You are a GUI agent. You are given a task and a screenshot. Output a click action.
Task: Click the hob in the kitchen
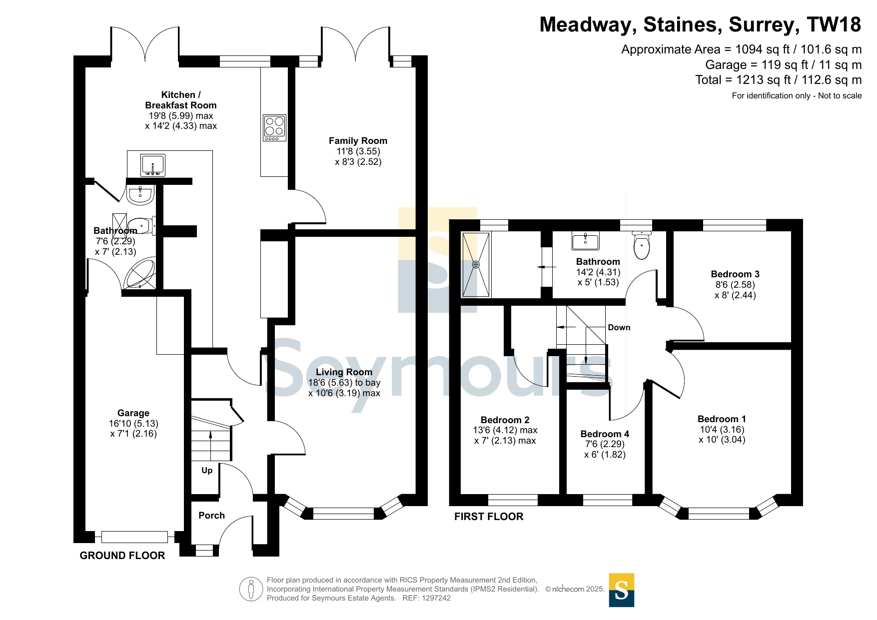(275, 128)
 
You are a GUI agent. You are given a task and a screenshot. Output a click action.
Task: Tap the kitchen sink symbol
(153, 165)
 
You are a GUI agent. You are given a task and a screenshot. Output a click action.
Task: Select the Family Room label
(358, 141)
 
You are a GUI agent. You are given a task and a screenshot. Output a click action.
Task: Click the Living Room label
(344, 372)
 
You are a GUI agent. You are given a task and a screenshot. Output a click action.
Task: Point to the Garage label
(133, 413)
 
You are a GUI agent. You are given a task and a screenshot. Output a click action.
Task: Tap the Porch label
(211, 516)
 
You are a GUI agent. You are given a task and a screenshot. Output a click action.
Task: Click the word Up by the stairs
(207, 470)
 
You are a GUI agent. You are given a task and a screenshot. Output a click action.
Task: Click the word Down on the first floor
(619, 328)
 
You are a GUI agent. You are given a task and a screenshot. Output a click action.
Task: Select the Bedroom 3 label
(735, 274)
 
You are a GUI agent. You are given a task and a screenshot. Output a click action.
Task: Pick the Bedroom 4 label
(605, 434)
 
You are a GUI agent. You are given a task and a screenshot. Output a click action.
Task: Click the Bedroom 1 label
(722, 419)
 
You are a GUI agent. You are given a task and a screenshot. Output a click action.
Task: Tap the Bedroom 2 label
(505, 420)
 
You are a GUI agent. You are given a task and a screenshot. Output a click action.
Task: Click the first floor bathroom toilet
(641, 245)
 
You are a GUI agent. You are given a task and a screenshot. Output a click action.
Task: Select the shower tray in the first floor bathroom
(476, 264)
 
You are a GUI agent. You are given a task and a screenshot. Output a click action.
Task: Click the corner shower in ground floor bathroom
(140, 273)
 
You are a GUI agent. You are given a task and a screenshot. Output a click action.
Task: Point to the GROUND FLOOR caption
(122, 556)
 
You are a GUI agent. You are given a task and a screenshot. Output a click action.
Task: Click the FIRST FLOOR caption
(489, 517)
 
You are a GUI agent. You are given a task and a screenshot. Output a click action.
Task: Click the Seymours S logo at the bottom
(622, 590)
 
